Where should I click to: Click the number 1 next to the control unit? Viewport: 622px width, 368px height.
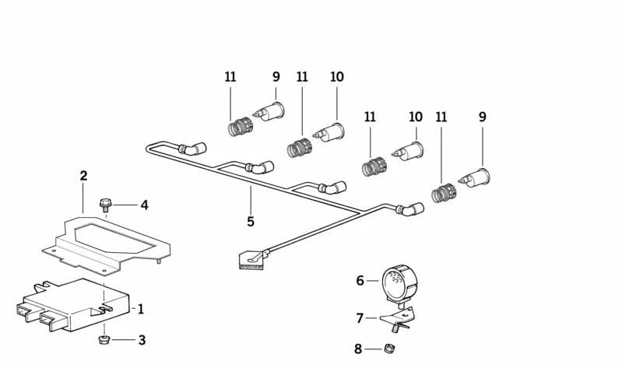141,309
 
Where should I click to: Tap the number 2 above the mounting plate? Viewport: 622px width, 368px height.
83,176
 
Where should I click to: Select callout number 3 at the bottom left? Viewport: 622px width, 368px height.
141,340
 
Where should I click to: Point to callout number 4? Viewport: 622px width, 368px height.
144,205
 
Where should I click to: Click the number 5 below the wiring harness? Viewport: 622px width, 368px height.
251,222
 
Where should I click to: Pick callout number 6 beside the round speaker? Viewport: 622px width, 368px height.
360,280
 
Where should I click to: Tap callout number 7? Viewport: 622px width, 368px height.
360,317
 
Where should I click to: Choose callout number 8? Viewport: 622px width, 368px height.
359,349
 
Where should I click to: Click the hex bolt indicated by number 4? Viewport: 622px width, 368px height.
106,205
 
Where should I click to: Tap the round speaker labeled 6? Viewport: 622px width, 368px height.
400,282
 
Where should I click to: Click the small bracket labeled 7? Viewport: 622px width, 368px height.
395,316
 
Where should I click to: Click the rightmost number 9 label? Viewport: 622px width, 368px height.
483,117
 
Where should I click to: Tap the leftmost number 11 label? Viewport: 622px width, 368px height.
230,77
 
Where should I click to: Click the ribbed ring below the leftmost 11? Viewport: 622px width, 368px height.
239,125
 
